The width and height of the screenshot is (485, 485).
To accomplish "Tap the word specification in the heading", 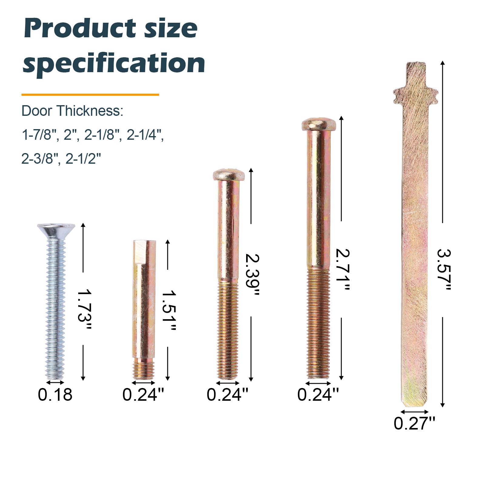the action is [x=114, y=63].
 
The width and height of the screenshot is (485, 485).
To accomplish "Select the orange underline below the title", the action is [x=90, y=95].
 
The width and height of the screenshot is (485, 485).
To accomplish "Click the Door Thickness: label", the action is [x=72, y=111].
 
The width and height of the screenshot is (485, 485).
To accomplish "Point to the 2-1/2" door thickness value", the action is [x=83, y=158].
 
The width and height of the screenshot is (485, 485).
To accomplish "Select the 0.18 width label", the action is [x=55, y=395].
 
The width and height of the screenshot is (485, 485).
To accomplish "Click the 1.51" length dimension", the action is [x=169, y=311].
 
